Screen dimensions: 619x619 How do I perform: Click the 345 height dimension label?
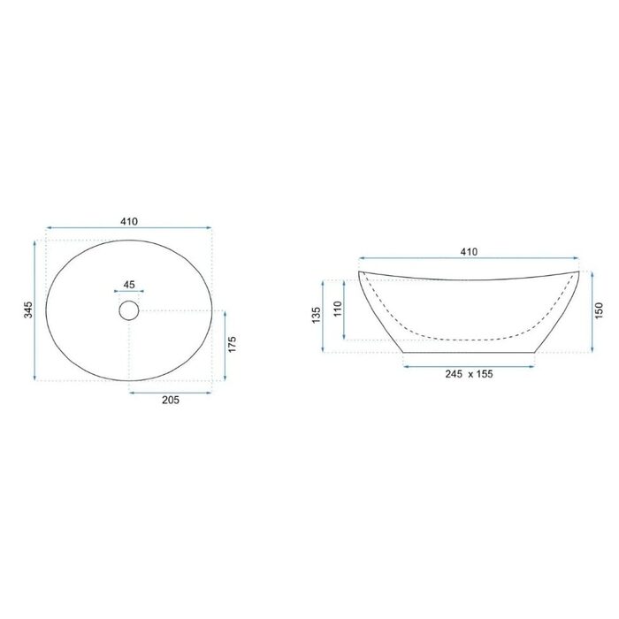(28, 309)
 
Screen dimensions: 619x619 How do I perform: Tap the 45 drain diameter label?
(129, 284)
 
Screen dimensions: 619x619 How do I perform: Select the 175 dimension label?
(232, 344)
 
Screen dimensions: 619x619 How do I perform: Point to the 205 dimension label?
(171, 400)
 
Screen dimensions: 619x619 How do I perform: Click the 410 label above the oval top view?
(129, 221)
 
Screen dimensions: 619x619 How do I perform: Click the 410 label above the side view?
(469, 251)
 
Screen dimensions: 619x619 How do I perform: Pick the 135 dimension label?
(317, 315)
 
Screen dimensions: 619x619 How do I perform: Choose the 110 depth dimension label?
(337, 309)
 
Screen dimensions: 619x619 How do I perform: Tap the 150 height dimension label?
(599, 310)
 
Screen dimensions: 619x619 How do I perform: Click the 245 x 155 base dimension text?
(469, 374)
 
